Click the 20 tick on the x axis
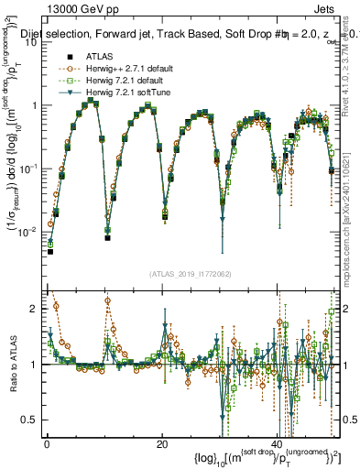click(x=161, y=444)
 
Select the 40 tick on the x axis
click(x=276, y=444)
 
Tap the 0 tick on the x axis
click(x=47, y=444)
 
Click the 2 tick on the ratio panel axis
click(x=34, y=309)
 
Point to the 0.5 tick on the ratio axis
click(x=30, y=420)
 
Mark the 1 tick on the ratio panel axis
click(x=34, y=365)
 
